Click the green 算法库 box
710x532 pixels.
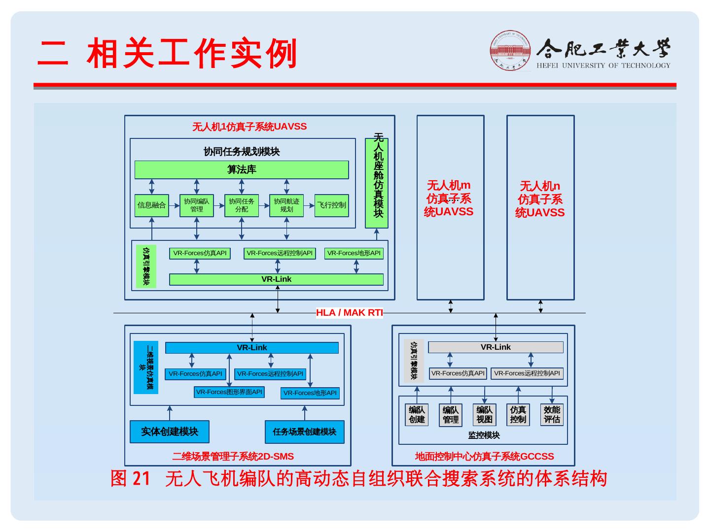pyautogui.click(x=242, y=170)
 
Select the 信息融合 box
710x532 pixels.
pyautogui.click(x=151, y=205)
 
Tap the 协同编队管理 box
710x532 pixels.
pyautogui.click(x=196, y=205)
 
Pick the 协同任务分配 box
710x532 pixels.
pyautogui.click(x=242, y=205)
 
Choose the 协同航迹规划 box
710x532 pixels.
pyautogui.click(x=286, y=205)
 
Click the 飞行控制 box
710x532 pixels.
pyautogui.click(x=331, y=205)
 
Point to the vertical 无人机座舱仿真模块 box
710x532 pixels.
pyautogui.click(x=377, y=182)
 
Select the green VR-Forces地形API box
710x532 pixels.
pyautogui.click(x=354, y=253)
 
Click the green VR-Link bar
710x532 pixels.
pyautogui.click(x=276, y=279)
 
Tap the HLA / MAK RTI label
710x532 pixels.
pyautogui.click(x=349, y=313)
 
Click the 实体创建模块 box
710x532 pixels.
pyautogui.click(x=170, y=432)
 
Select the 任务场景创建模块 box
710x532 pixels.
pyautogui.click(x=304, y=432)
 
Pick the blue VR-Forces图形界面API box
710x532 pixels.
pyautogui.click(x=229, y=392)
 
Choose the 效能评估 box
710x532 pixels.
pyautogui.click(x=552, y=415)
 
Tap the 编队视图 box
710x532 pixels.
pyautogui.click(x=484, y=415)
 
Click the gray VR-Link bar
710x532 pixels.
pyautogui.click(x=496, y=347)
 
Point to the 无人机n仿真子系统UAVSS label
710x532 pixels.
pyautogui.click(x=540, y=199)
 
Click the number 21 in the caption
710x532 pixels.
pyautogui.click(x=142, y=478)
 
